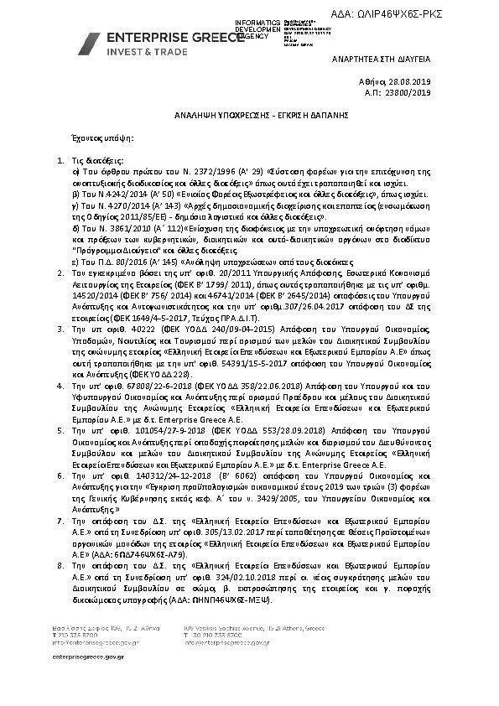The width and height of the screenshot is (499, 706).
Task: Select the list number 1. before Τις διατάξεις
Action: tap(59, 158)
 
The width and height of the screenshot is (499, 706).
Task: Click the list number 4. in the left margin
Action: tap(59, 383)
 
